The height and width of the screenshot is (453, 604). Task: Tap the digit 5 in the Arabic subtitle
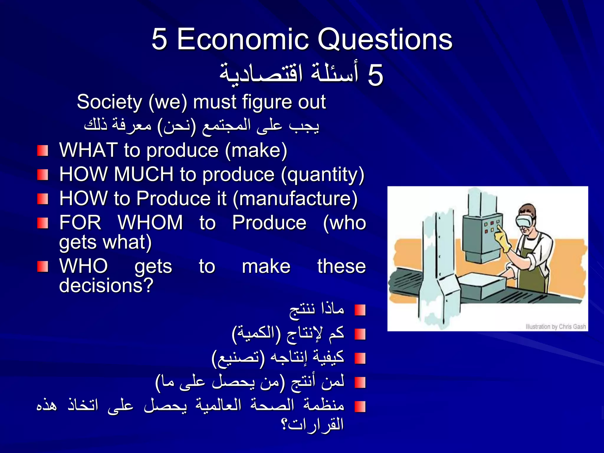click(375, 75)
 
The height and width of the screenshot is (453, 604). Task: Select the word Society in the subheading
click(109, 102)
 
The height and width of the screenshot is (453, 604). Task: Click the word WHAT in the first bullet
click(88, 150)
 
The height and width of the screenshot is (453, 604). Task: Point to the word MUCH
click(144, 174)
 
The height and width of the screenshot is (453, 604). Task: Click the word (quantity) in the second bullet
click(323, 175)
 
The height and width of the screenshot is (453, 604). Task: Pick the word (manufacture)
click(295, 199)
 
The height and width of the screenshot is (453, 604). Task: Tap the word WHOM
click(150, 222)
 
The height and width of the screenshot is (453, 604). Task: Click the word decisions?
click(106, 285)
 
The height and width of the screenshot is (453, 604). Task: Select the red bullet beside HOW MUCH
click(42, 175)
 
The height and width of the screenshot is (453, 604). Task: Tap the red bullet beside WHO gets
click(42, 267)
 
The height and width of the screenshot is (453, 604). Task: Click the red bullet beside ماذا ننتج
click(360, 310)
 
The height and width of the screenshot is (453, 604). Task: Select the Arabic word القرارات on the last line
click(316, 425)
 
